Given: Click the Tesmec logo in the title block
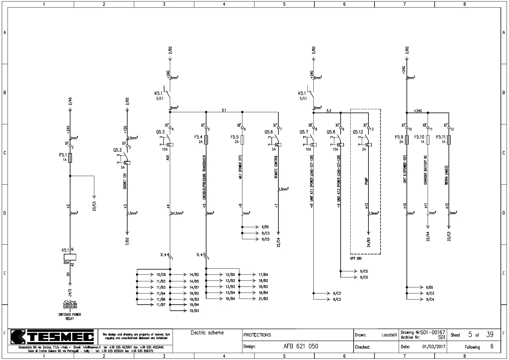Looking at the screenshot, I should click(52, 337).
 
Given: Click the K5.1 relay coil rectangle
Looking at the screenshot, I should click(70, 257).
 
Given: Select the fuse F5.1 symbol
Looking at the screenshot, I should click(70, 158).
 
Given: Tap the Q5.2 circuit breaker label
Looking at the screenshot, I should click(118, 150).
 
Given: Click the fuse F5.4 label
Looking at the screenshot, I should click(199, 137).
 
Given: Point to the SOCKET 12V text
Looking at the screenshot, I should click(125, 181).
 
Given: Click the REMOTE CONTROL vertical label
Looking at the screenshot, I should click(276, 167).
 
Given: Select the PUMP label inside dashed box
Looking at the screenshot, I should click(366, 181).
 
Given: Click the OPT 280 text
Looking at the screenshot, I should click(356, 259).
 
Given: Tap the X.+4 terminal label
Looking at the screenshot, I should click(165, 255).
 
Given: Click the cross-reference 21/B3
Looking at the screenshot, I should click(263, 299).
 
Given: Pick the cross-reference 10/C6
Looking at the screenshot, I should click(161, 275).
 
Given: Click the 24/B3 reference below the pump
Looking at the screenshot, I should click(369, 242).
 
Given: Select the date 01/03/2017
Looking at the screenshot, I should click(434, 347).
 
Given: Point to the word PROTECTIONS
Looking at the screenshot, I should click(257, 335).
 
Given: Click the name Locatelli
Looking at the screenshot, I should click(389, 335).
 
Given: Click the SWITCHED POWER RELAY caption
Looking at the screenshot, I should click(70, 316).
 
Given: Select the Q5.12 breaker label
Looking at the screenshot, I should click(358, 132).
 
